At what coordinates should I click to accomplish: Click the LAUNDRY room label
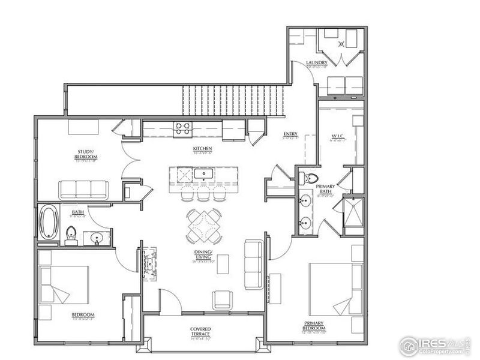(x=316, y=63)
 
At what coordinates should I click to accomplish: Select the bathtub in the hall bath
(x=48, y=223)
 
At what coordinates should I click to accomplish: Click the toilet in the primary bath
(x=310, y=178)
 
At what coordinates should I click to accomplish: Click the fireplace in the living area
(x=149, y=262)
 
